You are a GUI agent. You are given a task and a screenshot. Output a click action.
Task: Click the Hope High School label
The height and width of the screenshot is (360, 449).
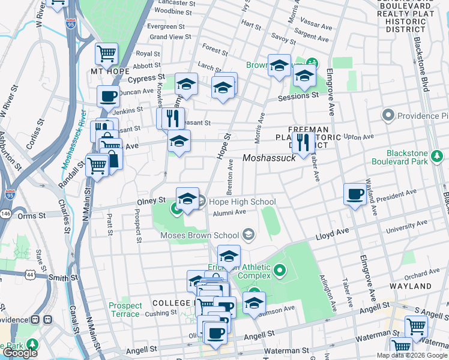coord(243,202)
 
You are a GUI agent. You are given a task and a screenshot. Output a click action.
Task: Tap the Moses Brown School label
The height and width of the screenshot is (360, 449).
coord(200,235)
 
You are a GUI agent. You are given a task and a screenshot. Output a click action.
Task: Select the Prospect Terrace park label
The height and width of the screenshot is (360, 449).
coord(125,310)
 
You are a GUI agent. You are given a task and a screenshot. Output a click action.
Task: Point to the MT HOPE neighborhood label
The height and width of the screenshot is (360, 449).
coord(110,71)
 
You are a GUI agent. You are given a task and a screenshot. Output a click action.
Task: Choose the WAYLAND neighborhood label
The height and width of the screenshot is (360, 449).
coord(427,286)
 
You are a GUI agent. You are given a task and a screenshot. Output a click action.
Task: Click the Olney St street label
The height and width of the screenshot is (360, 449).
coord(153,199)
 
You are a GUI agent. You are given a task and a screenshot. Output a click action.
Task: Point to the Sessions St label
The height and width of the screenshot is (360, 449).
coord(298,96)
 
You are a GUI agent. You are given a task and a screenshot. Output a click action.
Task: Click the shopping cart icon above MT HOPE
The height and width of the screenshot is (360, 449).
coord(106,53)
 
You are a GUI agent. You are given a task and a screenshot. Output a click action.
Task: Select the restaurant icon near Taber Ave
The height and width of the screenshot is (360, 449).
coord(303,143)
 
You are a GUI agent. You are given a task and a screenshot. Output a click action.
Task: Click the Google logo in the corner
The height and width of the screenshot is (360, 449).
coord(20,353)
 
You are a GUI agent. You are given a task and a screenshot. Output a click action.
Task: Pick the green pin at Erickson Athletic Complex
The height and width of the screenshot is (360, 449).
coord(279,272)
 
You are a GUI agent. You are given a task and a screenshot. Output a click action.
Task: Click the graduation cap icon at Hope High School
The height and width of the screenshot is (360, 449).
coord(187,199)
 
